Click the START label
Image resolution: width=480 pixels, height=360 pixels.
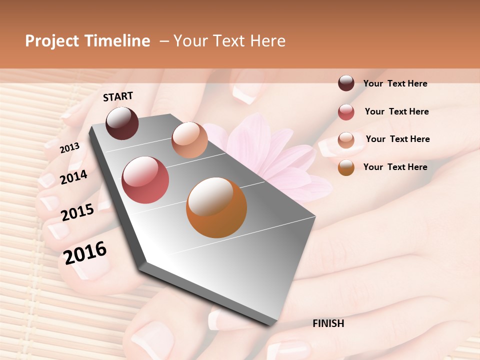pos(118,96)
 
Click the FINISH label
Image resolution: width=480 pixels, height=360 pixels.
pos(328,323)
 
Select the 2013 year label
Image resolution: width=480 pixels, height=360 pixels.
pos(69,147)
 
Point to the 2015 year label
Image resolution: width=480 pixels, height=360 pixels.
pos(77,212)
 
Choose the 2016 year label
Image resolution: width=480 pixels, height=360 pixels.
pos(85,253)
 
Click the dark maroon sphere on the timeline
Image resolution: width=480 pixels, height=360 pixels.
pos(122,123)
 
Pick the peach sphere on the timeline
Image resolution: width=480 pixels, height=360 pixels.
pos(189,140)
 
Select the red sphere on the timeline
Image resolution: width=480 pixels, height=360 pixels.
pos(145,180)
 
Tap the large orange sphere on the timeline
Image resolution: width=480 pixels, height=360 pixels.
pos(216,207)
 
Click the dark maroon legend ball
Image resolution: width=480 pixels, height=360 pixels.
pos(346,83)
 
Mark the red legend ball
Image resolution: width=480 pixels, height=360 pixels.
pos(346,112)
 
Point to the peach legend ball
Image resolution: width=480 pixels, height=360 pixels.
pos(346,140)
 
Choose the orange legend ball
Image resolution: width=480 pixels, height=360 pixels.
pos(346,167)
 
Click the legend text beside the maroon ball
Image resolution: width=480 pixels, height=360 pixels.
pos(395,83)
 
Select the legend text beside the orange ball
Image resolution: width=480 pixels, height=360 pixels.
pos(395,167)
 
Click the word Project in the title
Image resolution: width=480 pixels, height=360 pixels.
pos(51,41)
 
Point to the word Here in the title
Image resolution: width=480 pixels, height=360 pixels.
pos(267,41)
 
